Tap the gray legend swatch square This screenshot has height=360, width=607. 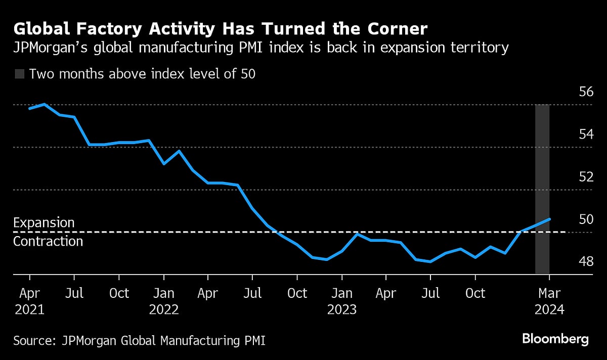pyautogui.click(x=19, y=74)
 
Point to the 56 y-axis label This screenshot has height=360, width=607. pyautogui.click(x=586, y=92)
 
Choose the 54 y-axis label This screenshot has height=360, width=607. pyautogui.click(x=586, y=134)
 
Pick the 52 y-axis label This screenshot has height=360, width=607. pyautogui.click(x=586, y=177)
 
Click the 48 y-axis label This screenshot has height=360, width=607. pyautogui.click(x=586, y=261)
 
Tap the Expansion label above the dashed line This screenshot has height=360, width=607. pyautogui.click(x=44, y=223)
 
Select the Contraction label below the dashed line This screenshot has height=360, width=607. pyautogui.click(x=48, y=241)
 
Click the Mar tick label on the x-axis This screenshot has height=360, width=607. pyautogui.click(x=549, y=293)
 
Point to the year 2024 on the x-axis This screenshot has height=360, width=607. pyautogui.click(x=549, y=309)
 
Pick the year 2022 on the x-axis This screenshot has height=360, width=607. pyautogui.click(x=164, y=309)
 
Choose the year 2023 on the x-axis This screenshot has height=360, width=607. pyautogui.click(x=342, y=309)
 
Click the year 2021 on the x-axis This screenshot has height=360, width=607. pyautogui.click(x=29, y=309)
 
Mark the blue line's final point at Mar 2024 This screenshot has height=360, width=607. pyautogui.click(x=549, y=219)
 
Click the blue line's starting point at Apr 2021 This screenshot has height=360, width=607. pyautogui.click(x=30, y=108)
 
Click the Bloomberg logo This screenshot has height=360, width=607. pyautogui.click(x=555, y=339)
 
